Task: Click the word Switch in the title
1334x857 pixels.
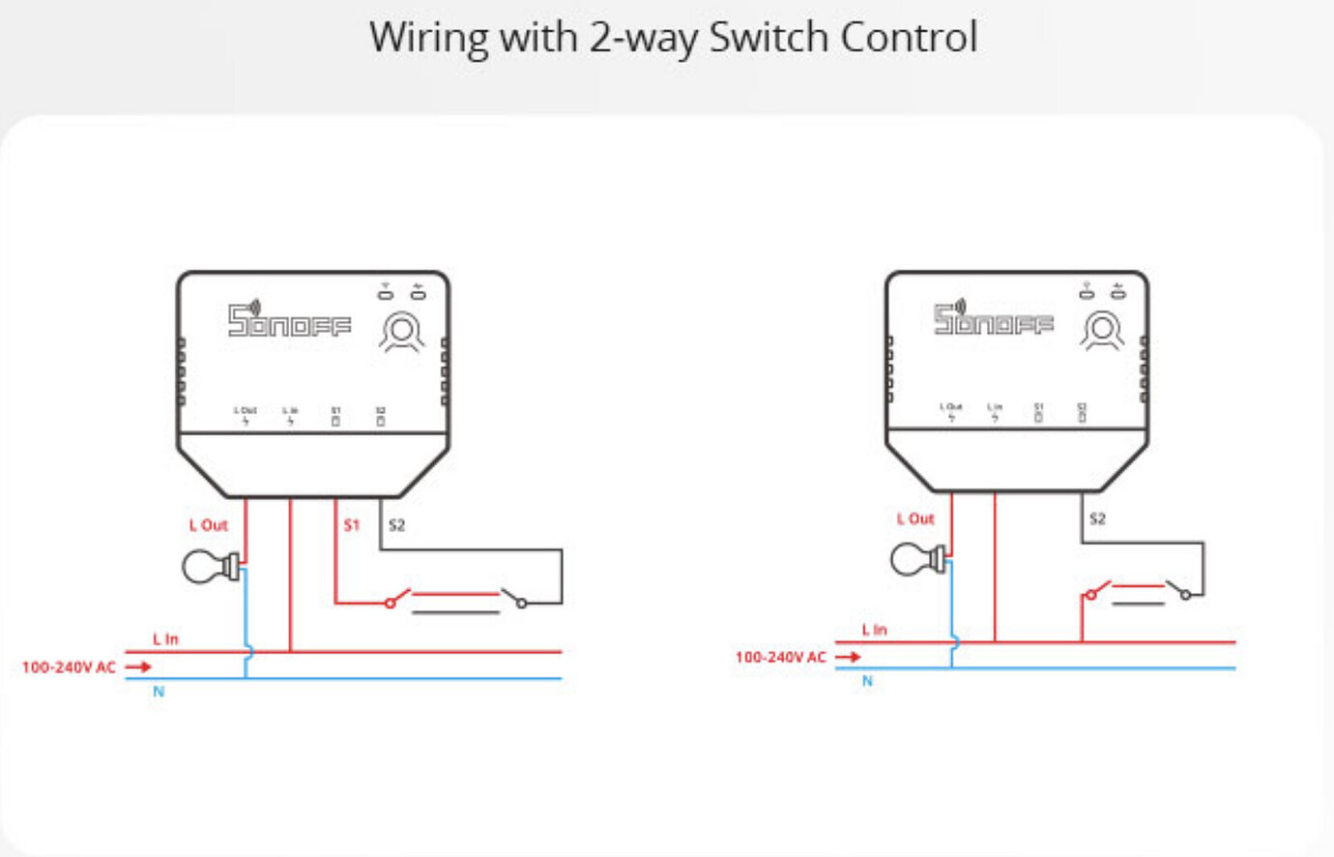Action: point(769,38)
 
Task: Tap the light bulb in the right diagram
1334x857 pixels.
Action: point(917,559)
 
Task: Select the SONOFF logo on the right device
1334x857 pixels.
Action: point(993,319)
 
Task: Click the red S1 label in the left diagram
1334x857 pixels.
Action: point(351,525)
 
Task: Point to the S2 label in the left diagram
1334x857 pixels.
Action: point(396,525)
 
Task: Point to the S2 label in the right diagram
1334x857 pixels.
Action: point(1097,519)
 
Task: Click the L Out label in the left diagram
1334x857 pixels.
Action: point(208,525)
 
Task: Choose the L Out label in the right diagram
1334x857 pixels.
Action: point(915,519)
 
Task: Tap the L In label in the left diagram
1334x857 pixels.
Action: point(165,639)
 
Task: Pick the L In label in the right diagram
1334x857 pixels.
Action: point(874,630)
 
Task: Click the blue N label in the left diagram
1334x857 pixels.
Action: point(159,692)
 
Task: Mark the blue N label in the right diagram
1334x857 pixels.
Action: point(867,681)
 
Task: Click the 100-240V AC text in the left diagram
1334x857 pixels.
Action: point(69,667)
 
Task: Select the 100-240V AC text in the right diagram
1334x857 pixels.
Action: point(780,658)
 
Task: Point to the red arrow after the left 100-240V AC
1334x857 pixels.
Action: point(138,666)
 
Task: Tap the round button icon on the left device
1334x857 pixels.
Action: point(401,332)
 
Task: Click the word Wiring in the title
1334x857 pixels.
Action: point(429,38)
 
